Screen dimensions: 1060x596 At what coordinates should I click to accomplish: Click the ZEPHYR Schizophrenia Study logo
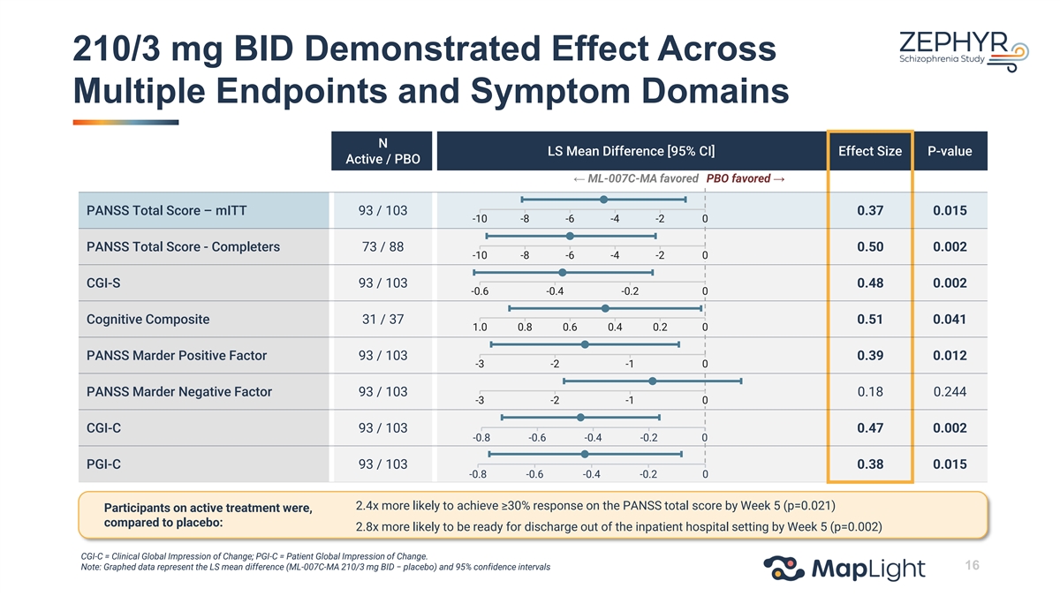963,51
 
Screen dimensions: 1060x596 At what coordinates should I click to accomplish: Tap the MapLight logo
844,568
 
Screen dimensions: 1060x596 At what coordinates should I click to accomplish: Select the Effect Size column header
870,151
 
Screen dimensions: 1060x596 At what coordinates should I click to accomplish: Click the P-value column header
950,151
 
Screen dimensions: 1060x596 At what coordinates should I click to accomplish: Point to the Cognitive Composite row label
148,320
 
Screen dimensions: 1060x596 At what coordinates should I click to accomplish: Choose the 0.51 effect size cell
870,320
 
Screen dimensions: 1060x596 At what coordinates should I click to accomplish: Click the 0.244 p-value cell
950,392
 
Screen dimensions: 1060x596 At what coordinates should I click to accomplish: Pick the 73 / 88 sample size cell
382,247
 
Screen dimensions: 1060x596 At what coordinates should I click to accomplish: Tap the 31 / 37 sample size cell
382,320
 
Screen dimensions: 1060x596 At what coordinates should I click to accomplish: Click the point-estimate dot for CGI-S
562,273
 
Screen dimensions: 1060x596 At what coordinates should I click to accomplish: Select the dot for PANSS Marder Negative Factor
653,381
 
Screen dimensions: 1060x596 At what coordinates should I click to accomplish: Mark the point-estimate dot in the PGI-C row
585,454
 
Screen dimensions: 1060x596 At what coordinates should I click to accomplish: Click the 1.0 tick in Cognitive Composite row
480,328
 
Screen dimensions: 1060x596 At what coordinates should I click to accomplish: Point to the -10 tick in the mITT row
480,219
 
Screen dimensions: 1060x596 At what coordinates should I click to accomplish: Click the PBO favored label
746,178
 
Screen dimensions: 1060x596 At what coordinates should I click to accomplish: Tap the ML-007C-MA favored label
635,178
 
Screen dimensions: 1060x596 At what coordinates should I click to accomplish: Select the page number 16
972,565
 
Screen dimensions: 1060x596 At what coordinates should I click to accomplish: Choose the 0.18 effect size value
870,392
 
